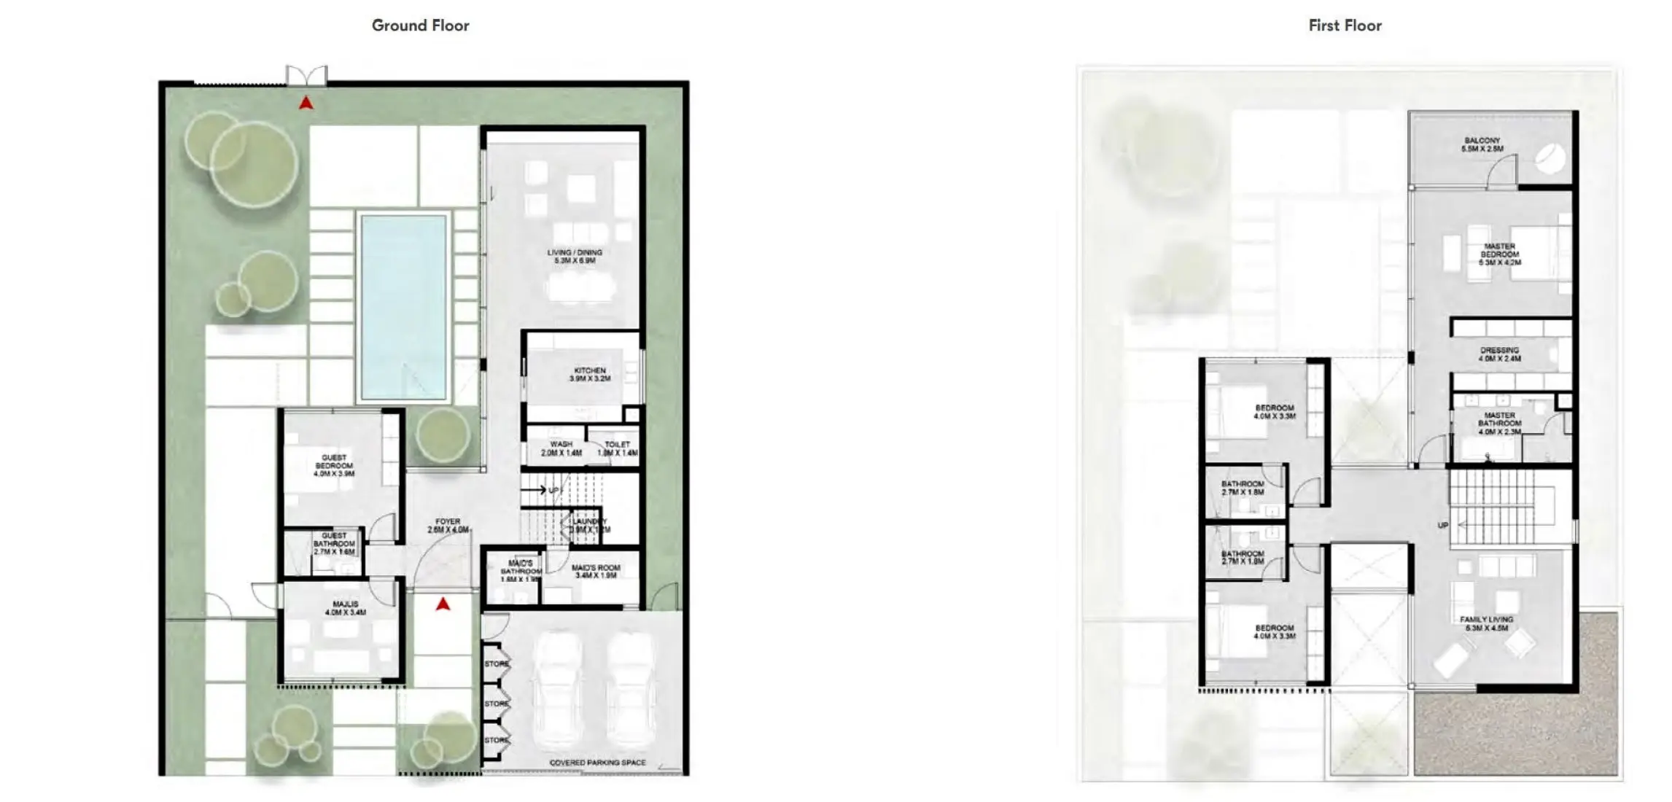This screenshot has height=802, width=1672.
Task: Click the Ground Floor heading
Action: click(420, 26)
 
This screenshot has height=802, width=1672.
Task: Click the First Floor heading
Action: click(1345, 26)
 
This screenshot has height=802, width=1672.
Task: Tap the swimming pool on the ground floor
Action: click(403, 306)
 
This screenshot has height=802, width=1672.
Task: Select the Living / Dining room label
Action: click(575, 256)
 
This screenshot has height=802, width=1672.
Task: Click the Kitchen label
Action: click(590, 375)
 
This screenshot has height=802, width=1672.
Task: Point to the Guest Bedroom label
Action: click(334, 465)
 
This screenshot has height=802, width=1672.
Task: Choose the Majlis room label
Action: click(346, 608)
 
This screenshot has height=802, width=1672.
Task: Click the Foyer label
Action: click(448, 526)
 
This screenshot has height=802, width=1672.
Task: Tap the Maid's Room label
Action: click(596, 571)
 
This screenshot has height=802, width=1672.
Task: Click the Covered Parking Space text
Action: click(597, 763)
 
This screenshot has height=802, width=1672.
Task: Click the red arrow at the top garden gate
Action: click(306, 104)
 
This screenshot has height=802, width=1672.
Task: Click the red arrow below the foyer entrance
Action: click(443, 604)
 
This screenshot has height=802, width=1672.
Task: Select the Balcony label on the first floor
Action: click(1482, 144)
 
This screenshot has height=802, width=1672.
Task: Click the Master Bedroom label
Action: click(1499, 254)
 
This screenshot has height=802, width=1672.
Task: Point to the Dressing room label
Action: click(1499, 354)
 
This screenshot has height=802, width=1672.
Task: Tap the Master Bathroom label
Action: click(1499, 424)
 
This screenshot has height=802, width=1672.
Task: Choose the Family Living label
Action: click(1486, 623)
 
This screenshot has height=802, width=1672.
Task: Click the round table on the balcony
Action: click(1549, 159)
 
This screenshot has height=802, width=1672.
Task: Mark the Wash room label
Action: click(561, 448)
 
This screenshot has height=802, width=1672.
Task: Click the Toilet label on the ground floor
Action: click(617, 448)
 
